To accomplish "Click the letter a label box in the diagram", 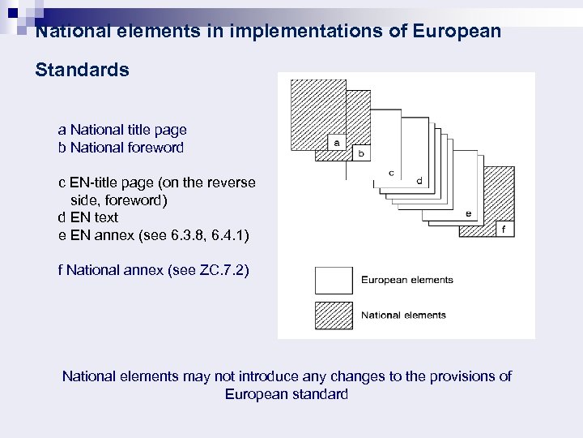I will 335,142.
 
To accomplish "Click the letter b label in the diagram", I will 361,152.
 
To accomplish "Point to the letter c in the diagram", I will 391,172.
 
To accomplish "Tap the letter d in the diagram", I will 419,180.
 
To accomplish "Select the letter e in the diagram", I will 469,213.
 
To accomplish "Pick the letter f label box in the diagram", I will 504,229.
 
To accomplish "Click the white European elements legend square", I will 334,280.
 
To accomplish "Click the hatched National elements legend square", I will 334,316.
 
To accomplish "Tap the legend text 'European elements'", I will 406,281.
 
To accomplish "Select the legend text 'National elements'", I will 403,316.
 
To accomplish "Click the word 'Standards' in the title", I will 82,71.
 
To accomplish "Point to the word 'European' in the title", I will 457,32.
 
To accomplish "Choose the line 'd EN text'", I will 87,217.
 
